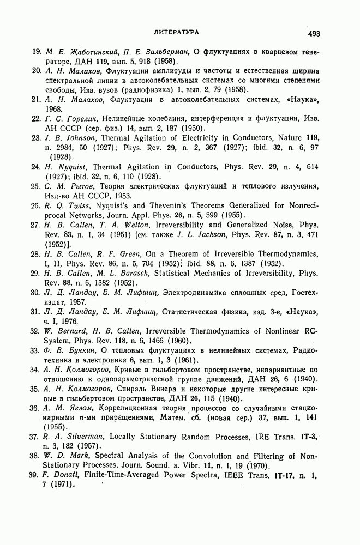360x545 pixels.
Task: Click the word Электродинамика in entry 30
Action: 209,292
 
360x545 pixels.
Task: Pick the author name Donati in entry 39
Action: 71,475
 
